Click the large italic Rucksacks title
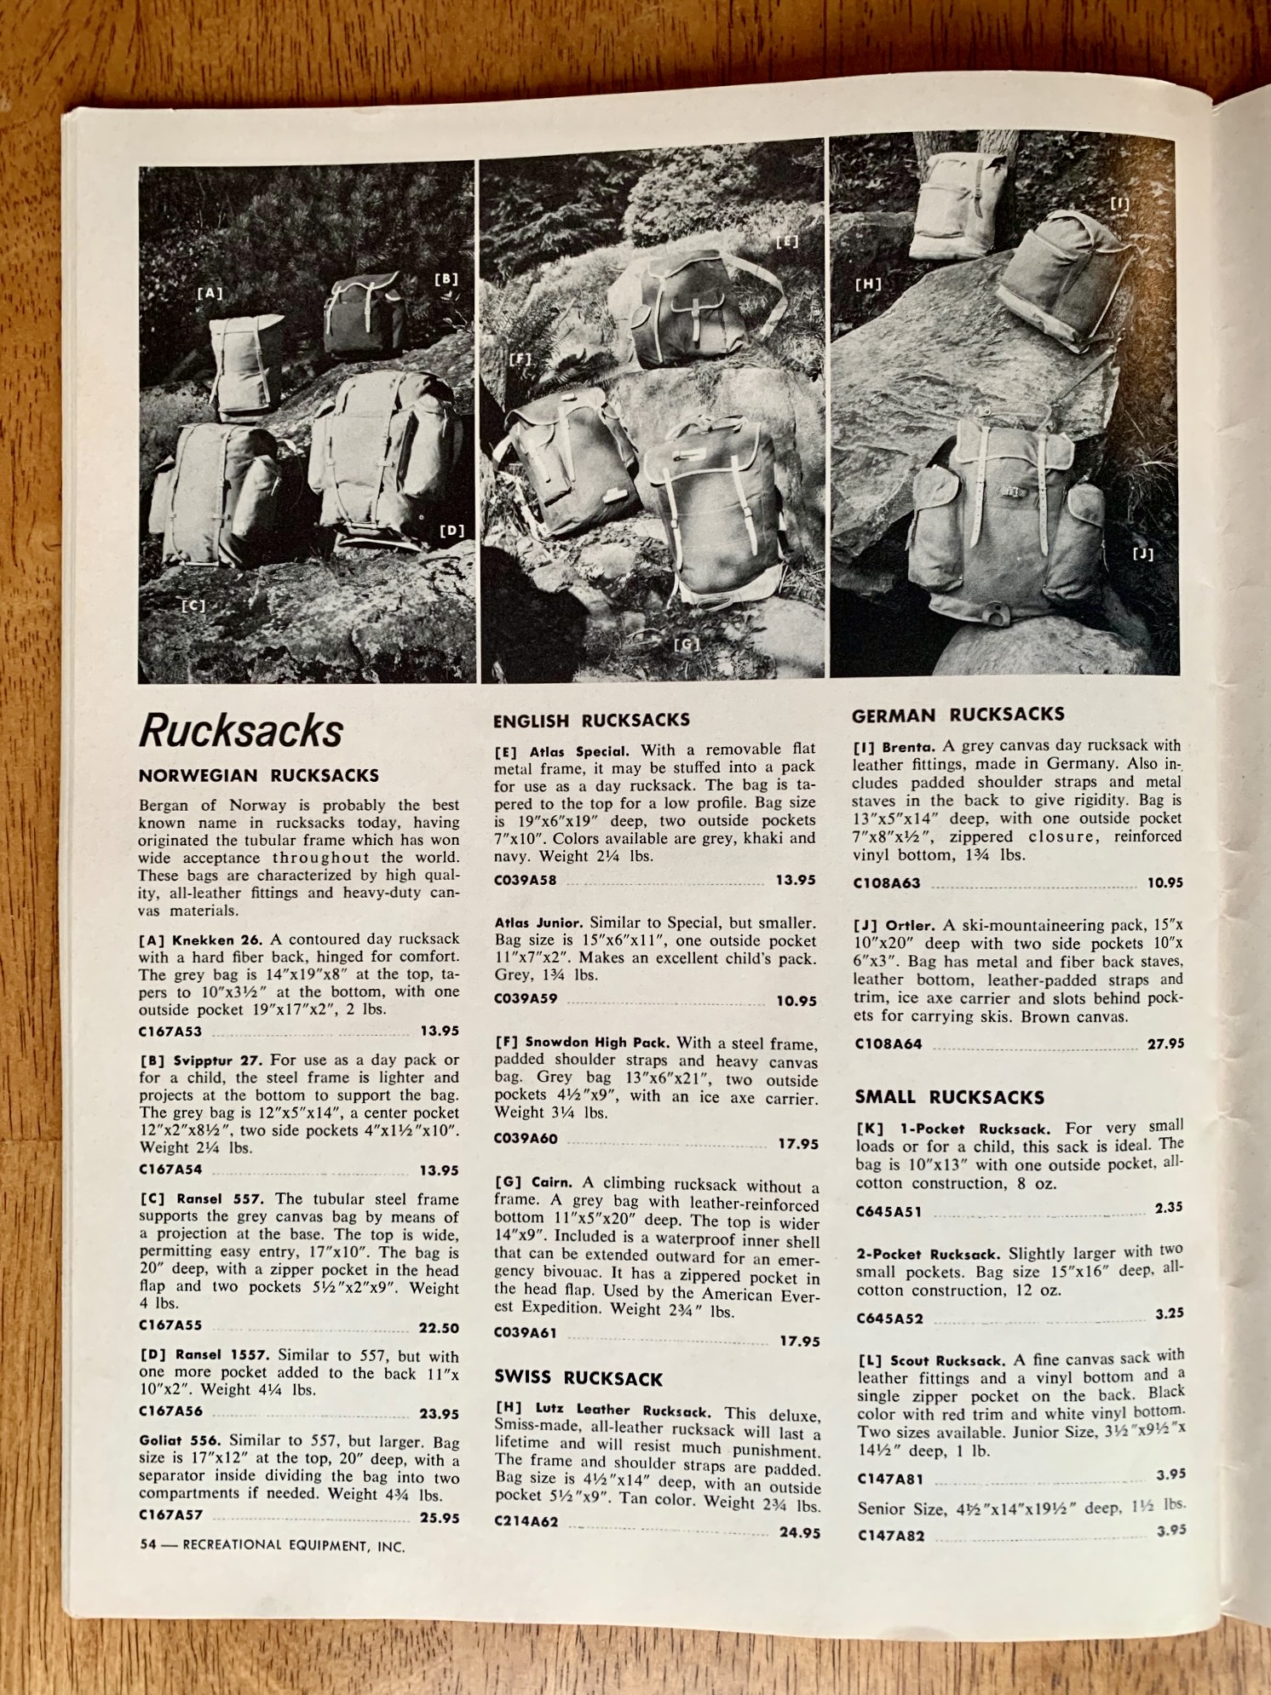coord(241,731)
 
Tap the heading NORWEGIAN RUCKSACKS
coord(259,776)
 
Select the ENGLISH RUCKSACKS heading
coord(591,721)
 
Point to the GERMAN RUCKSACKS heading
coord(958,715)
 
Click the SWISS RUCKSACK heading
coord(578,1377)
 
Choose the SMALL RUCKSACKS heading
coord(949,1097)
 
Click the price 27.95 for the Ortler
coord(1165,1043)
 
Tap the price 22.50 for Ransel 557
coord(439,1328)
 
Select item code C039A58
coord(526,880)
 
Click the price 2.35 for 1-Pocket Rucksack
coord(1169,1207)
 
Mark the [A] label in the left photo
coord(210,293)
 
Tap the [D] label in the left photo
coord(451,531)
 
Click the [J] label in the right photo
coord(1143,554)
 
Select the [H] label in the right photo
coord(867,284)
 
